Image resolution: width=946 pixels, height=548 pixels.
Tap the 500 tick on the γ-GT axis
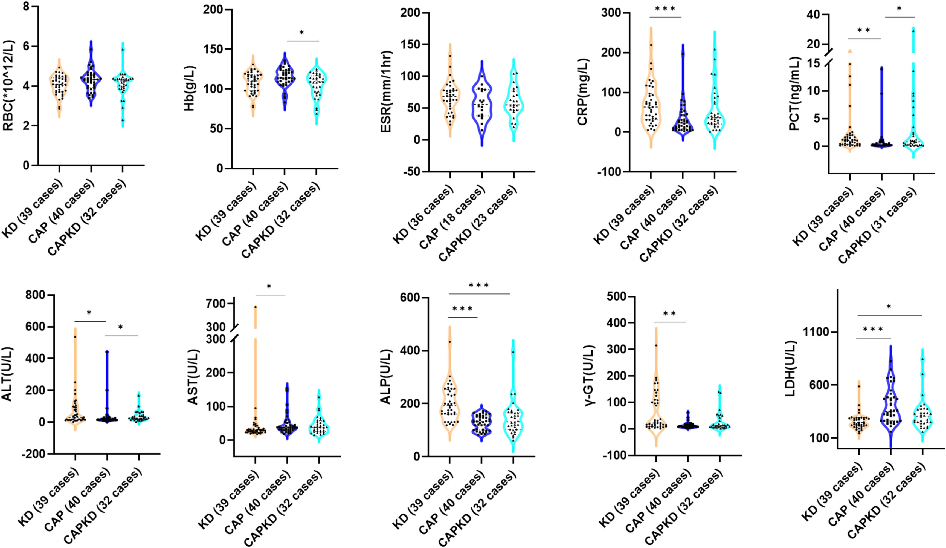click(x=616, y=296)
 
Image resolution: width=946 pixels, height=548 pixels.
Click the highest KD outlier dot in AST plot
click(x=255, y=307)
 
